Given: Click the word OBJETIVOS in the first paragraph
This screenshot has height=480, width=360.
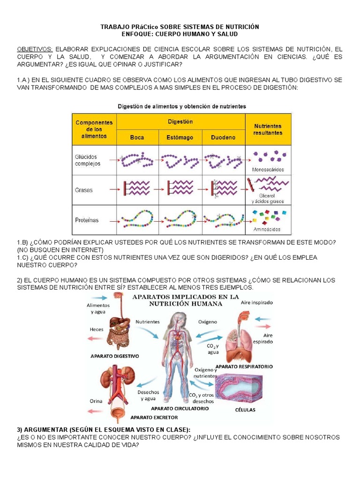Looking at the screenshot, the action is pos(35,49).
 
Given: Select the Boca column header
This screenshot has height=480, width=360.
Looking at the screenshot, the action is pos(137,137).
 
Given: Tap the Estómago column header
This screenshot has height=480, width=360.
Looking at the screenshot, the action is pos(180,137).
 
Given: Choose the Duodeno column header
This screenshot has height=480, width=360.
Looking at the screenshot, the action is pos(223,137).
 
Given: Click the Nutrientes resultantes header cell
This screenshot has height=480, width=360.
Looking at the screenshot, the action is pos(268,129).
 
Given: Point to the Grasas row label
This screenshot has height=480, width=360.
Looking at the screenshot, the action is pos(84,190).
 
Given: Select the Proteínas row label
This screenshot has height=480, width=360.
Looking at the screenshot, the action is pos(87,220).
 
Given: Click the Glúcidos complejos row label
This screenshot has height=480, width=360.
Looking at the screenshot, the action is pos(88,160).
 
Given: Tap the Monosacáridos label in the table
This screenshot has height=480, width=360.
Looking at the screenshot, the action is pos(268,170).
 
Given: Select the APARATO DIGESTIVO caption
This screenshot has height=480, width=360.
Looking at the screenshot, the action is pos(115,356).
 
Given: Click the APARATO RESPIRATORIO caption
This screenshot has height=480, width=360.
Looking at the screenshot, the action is pos(244,366).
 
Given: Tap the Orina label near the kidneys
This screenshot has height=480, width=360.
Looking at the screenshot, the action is pos(96,401).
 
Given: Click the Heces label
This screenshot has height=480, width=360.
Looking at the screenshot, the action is pos(96,330).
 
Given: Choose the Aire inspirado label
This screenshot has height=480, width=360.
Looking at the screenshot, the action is pos(257,303).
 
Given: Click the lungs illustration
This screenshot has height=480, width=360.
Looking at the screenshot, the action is pos(240,345).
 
